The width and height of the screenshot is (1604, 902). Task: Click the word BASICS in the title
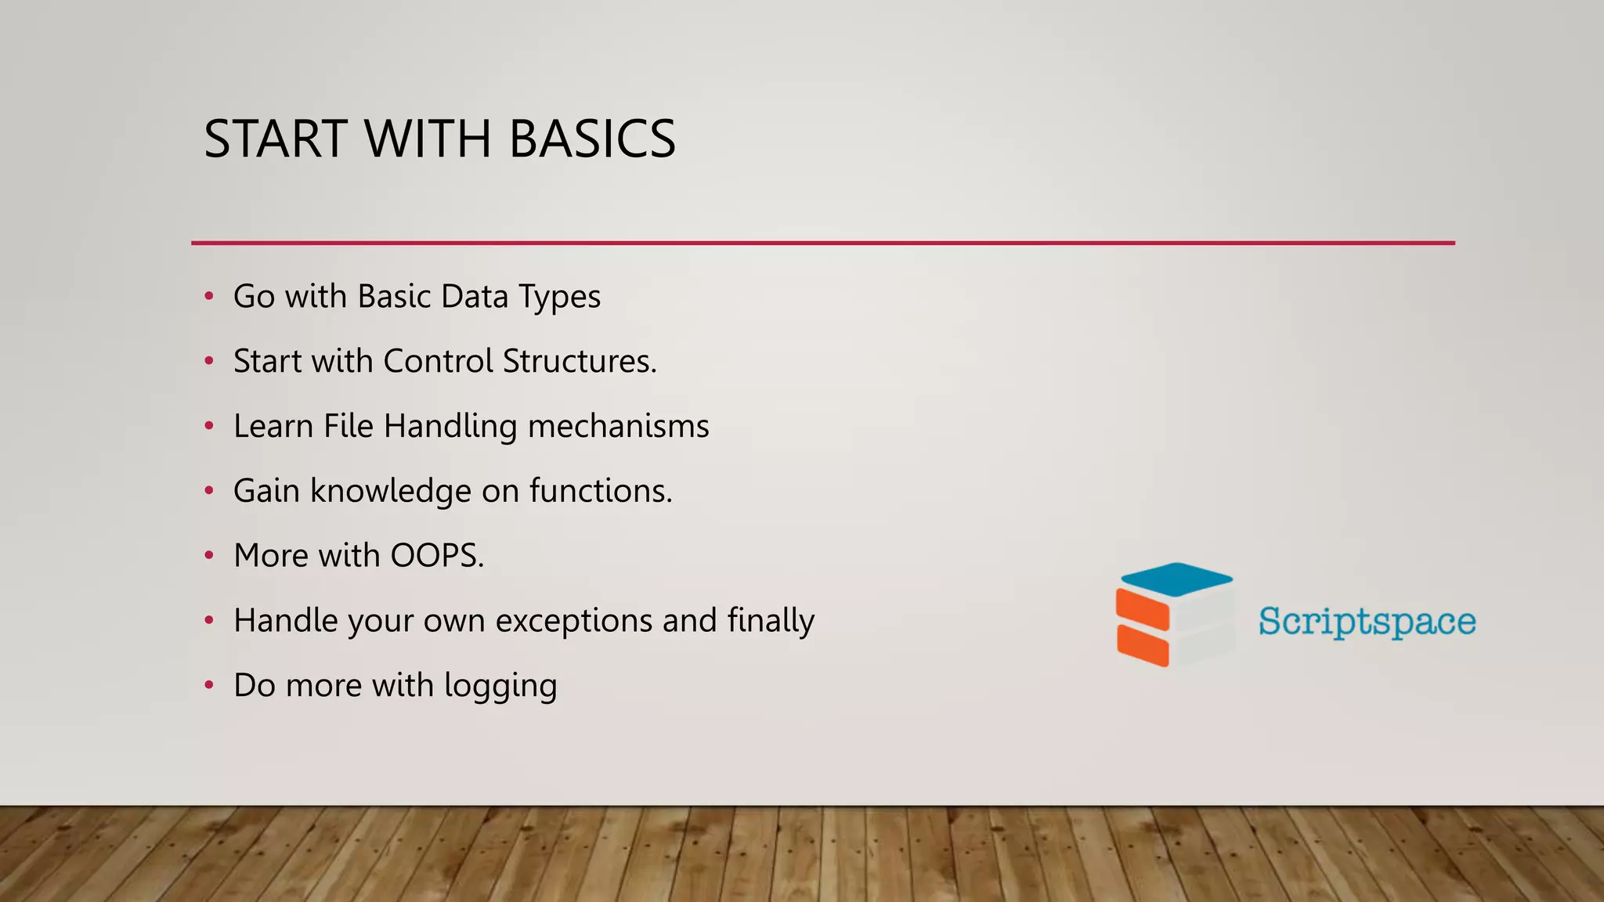(x=592, y=139)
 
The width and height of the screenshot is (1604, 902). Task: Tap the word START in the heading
(x=276, y=139)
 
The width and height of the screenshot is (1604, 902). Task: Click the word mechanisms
(x=618, y=427)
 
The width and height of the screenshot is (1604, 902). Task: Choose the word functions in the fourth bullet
(x=600, y=492)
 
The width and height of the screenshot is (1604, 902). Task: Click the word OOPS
(x=436, y=556)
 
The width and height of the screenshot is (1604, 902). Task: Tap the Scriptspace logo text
(x=1367, y=622)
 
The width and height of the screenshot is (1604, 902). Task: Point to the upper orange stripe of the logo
(x=1142, y=609)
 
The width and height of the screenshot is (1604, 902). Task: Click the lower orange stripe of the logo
(x=1143, y=645)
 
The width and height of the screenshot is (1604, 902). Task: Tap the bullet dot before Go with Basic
(x=209, y=297)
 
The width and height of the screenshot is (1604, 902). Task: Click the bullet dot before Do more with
(x=209, y=685)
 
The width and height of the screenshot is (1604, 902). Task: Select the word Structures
(x=579, y=362)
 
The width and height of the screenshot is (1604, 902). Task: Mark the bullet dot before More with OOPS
(x=209, y=556)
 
